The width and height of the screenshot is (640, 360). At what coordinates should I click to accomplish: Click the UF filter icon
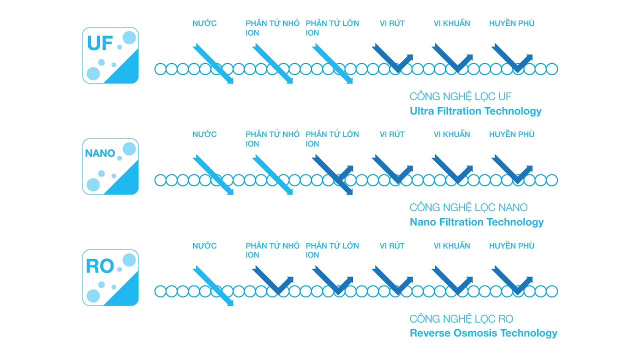click(110, 55)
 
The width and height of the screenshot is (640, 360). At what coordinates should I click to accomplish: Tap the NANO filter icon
click(110, 166)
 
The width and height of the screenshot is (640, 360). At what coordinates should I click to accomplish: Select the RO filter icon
click(110, 277)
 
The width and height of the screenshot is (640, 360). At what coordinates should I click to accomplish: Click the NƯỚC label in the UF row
click(204, 23)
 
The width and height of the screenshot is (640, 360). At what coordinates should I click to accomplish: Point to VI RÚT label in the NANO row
click(392, 134)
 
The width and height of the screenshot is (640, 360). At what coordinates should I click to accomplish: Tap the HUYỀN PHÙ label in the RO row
click(511, 245)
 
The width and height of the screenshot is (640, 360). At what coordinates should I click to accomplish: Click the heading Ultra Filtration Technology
click(475, 111)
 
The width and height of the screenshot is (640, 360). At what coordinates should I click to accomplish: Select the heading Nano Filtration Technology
click(476, 222)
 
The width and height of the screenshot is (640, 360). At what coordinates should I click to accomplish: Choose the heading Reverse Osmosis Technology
click(483, 333)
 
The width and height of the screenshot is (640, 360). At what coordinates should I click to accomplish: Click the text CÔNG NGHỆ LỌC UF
click(460, 96)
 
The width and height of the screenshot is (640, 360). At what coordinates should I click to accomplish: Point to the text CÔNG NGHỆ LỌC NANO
click(468, 207)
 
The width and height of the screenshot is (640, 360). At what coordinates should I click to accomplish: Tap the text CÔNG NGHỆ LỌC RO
click(461, 318)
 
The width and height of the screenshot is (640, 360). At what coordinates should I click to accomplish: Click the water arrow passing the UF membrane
click(213, 63)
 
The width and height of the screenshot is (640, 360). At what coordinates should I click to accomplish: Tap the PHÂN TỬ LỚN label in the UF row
click(332, 27)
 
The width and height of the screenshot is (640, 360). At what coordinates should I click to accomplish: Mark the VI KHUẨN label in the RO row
click(451, 245)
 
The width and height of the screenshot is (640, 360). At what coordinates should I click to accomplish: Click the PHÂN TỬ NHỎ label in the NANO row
click(272, 139)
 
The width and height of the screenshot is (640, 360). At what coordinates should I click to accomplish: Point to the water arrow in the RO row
click(213, 285)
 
